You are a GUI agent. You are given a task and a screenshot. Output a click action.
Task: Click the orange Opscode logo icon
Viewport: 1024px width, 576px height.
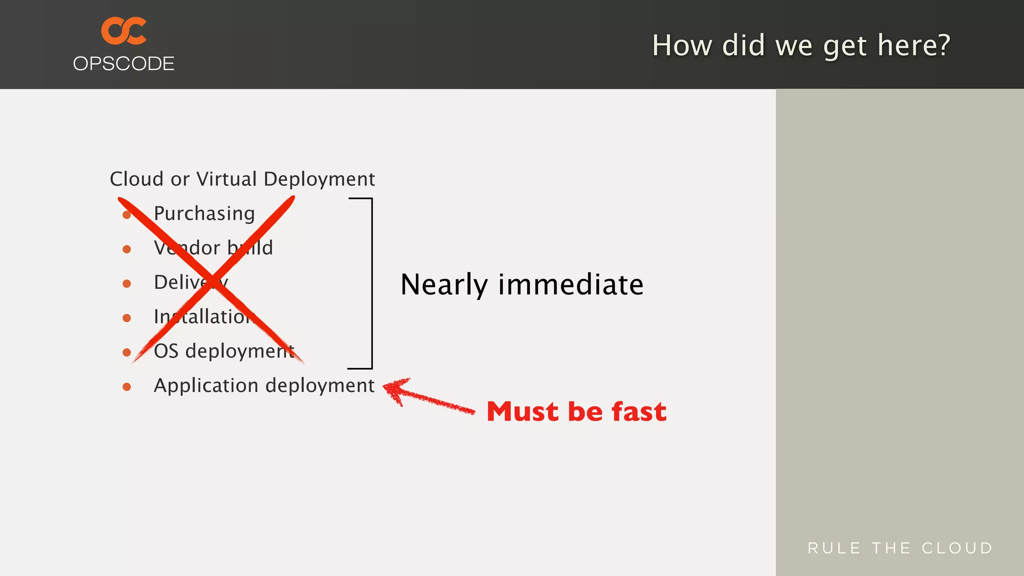pos(124,31)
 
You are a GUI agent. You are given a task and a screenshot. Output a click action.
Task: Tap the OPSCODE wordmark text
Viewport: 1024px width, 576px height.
pos(123,64)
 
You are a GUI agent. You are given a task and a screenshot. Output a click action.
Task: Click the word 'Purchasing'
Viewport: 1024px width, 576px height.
pos(204,213)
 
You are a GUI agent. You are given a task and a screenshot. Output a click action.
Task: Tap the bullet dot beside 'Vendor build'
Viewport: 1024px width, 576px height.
pos(127,249)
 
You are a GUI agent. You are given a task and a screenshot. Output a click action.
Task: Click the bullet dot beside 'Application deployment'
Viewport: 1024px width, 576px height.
pos(127,386)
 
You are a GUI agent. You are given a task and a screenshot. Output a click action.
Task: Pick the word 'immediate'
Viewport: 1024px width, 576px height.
pos(571,284)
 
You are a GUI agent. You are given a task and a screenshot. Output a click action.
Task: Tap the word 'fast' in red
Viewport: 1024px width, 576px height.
pos(639,411)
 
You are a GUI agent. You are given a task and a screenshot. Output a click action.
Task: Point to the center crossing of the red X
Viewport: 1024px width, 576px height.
pos(213,280)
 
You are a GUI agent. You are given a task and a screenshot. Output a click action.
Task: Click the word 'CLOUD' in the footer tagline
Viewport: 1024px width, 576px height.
pos(957,548)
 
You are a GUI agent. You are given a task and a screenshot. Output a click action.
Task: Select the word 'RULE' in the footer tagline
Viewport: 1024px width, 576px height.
pos(834,548)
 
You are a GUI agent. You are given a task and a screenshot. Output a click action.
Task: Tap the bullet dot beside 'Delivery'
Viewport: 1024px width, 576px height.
pos(127,283)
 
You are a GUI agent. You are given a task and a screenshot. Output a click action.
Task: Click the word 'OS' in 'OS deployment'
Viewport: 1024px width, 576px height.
pos(166,351)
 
